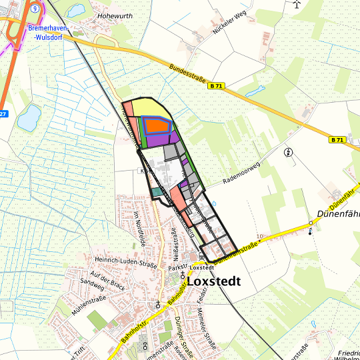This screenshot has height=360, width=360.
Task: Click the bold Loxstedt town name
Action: [x=214, y=281]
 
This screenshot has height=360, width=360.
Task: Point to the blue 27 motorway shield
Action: [x=3, y=114]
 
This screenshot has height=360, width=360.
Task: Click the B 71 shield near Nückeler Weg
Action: [x=215, y=86]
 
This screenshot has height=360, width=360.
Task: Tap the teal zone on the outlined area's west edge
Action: [x=156, y=192]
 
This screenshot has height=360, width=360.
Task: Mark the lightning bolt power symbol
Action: [x=288, y=151]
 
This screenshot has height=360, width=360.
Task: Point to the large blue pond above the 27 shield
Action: [x=29, y=118]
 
